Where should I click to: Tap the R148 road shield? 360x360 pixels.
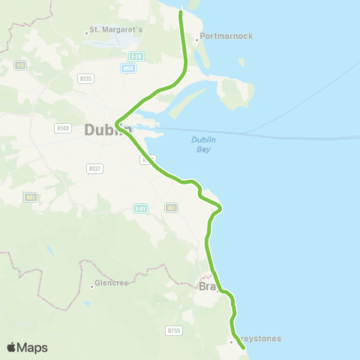(62, 128)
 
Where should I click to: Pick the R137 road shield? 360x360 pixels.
(94, 168)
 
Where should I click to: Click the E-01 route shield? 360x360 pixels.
(140, 208)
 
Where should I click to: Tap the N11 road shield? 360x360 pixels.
(172, 207)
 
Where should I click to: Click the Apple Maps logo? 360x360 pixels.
(27, 347)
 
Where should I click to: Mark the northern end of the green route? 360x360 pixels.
(181, 11)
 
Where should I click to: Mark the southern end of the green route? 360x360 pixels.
(244, 348)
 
